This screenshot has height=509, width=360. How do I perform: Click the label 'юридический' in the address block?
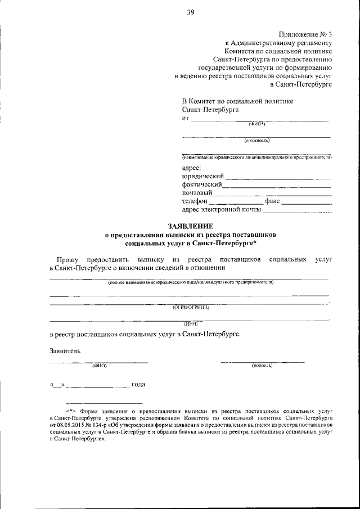pos(203,176)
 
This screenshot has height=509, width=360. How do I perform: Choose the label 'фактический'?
pos(202,184)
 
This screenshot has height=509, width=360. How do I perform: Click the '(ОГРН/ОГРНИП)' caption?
pos(191,307)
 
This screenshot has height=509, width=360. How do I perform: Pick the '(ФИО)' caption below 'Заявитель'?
pos(99,366)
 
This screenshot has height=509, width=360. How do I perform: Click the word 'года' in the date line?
pos(138,385)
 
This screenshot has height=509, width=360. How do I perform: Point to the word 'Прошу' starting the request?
pos(67,259)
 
